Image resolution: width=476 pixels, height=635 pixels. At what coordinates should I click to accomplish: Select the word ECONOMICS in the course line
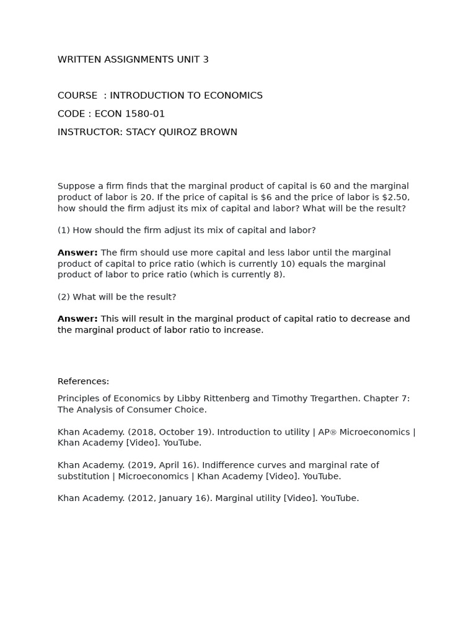pyautogui.click(x=230, y=95)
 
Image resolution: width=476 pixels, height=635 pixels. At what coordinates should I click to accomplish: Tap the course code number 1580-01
pyautogui.click(x=144, y=113)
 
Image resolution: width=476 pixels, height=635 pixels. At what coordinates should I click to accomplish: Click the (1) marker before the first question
pyautogui.click(x=63, y=230)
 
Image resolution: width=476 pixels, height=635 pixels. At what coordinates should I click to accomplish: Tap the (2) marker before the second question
pyautogui.click(x=63, y=297)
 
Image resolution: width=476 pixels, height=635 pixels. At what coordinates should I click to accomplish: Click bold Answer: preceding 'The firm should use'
pyautogui.click(x=77, y=252)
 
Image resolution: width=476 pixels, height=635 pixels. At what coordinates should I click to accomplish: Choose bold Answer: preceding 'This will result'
pyautogui.click(x=77, y=319)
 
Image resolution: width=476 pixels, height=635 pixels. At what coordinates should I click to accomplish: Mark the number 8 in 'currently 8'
pyautogui.click(x=279, y=275)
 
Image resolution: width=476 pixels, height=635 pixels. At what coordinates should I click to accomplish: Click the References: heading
pyautogui.click(x=83, y=381)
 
